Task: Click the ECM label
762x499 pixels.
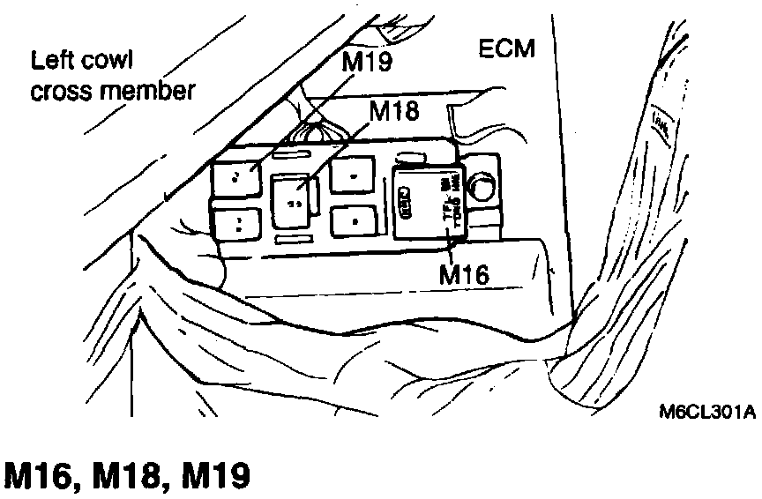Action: [x=506, y=48]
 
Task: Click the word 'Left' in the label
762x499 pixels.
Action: [x=51, y=63]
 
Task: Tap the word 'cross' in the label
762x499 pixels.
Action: [x=64, y=92]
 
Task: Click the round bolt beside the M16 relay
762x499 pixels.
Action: [x=482, y=186]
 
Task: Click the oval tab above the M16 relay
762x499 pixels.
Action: [x=409, y=160]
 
